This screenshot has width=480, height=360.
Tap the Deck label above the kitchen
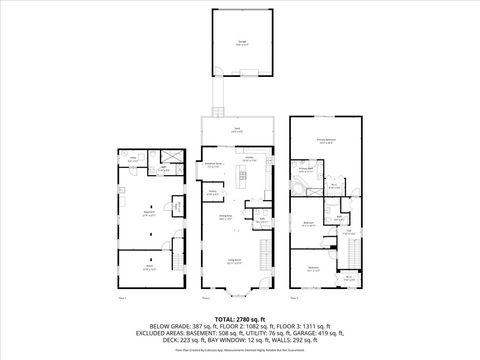tap(237, 130)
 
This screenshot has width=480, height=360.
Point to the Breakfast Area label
tap(212, 165)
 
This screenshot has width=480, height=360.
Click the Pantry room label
tap(212, 192)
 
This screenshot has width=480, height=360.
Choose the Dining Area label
tap(226, 216)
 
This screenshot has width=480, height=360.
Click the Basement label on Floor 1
tap(150, 212)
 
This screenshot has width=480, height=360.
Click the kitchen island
tap(240, 180)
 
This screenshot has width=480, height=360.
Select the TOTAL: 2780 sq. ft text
tap(239, 317)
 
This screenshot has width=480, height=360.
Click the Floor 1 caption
tap(122, 298)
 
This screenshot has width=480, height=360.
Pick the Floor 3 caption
tap(295, 298)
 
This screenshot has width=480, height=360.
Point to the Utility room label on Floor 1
tap(131, 157)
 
